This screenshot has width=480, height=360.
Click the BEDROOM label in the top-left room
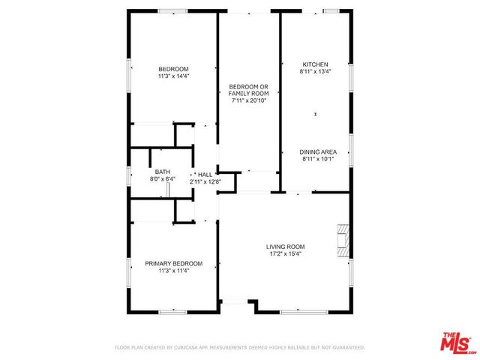click(173, 69)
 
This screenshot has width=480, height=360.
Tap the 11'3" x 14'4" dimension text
click(173, 76)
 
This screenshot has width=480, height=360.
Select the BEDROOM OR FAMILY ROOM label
click(249, 91)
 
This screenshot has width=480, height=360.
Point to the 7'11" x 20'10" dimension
click(249, 100)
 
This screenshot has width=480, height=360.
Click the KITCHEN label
click(315, 64)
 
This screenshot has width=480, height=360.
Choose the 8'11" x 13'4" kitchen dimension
click(315, 70)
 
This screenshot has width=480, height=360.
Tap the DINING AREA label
click(315, 151)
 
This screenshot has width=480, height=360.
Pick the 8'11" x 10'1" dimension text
click(315, 158)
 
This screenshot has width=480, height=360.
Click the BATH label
click(162, 172)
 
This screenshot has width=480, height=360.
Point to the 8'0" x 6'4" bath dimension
click(162, 179)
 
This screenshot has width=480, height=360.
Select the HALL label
click(205, 173)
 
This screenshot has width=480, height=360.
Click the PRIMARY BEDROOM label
click(173, 263)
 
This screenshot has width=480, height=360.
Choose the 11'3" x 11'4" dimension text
click(173, 271)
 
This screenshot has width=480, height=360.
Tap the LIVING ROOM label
click(285, 247)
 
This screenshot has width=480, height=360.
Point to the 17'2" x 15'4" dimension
click(285, 254)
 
